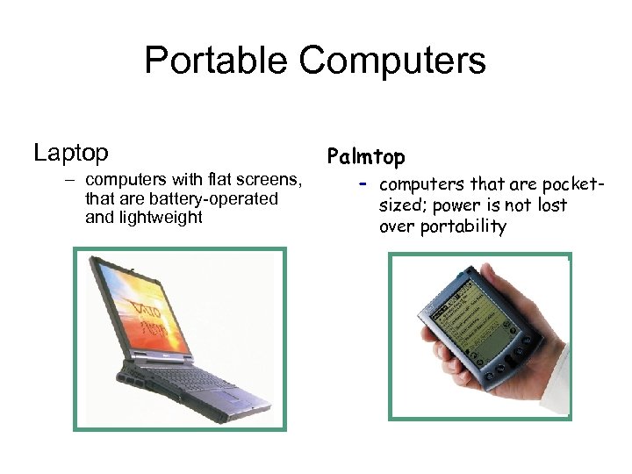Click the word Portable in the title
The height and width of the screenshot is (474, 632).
215,61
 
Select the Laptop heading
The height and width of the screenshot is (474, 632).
71,153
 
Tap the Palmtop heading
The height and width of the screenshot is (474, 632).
366,157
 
